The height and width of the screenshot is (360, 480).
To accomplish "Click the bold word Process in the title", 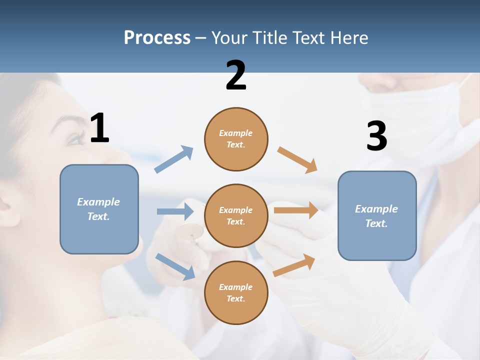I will [157, 38].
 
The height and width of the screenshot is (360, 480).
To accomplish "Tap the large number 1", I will [99, 128].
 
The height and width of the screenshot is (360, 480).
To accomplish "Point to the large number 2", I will [236, 76].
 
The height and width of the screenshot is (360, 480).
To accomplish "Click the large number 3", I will [376, 136].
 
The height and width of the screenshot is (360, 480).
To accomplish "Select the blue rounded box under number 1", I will [99, 209].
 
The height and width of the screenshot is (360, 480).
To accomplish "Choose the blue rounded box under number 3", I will [377, 215].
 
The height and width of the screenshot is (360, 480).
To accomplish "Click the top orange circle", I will [236, 139].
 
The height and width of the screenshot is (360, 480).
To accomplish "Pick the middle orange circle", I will [236, 215].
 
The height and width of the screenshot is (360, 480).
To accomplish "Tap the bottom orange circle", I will [236, 292].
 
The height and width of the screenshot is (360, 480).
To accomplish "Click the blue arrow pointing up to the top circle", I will [174, 159].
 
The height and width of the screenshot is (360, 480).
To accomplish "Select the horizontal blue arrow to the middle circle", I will [175, 211].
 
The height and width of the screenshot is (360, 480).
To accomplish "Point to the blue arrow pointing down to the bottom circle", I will [175, 266].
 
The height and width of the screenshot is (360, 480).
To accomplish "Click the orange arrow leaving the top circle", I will [297, 160].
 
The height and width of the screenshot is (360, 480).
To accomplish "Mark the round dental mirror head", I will [190, 231].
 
